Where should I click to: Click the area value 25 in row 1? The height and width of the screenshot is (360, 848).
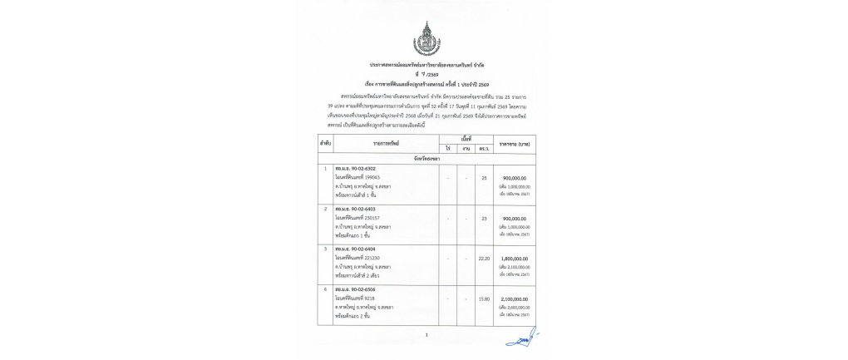click(484, 178)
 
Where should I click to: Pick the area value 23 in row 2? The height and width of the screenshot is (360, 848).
click(484, 218)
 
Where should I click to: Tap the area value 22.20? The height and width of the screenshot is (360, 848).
click(484, 258)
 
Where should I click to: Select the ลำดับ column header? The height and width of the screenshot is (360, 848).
click(325, 144)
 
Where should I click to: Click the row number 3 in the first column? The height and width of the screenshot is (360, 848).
click(325, 249)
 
